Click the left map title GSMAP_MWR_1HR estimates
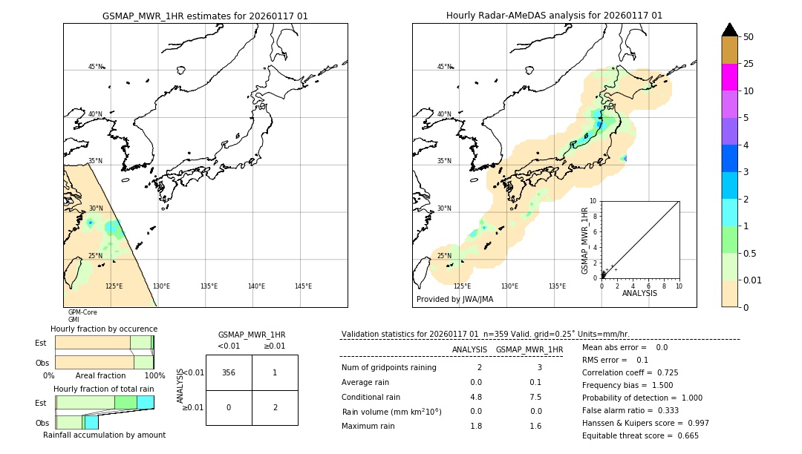205,16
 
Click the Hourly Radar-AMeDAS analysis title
554,16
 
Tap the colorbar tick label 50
749,37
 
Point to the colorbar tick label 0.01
753,280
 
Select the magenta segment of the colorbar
729,77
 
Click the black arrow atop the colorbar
729,30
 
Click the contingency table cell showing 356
229,372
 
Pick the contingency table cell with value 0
229,407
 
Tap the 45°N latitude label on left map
95,67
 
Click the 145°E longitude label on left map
303,286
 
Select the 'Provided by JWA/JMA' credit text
454,300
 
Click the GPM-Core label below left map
82,312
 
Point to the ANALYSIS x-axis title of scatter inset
639,293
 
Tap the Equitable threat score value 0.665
682,435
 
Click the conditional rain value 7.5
535,397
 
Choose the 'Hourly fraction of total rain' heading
103,389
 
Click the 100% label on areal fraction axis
154,376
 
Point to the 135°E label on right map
557,286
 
